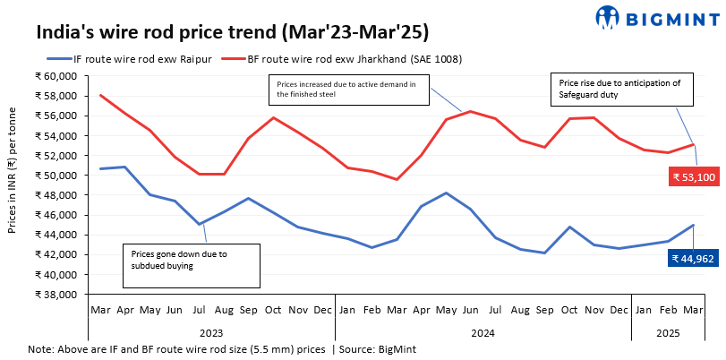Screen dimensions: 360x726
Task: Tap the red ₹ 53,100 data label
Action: [x=693, y=177]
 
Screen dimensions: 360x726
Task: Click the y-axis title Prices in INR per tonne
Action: [x=13, y=185]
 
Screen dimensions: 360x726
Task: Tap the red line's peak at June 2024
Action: [x=470, y=111]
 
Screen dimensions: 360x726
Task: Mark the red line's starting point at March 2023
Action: [x=100, y=95]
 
